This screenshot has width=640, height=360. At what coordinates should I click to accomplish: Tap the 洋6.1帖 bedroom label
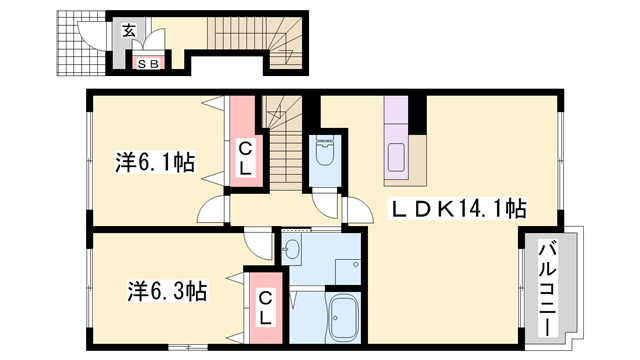[x=155, y=162]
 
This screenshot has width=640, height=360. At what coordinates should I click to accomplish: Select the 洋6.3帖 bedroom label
[x=167, y=291]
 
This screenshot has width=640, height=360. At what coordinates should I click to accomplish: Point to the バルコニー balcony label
[x=548, y=289]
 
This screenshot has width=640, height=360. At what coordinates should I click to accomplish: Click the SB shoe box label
[x=148, y=64]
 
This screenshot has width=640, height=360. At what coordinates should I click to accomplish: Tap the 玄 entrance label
[x=129, y=31]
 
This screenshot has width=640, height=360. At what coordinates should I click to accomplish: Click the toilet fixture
[x=325, y=151]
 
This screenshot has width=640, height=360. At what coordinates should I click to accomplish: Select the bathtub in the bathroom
[x=344, y=317]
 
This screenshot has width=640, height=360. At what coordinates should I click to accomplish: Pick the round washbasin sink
[x=291, y=248]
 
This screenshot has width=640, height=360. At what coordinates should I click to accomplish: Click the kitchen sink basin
[x=396, y=157]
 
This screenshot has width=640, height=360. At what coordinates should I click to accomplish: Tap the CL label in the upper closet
[x=245, y=159]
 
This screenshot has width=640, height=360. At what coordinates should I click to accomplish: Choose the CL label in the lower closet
[x=265, y=308]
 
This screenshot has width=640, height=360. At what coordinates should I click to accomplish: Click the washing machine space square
[x=348, y=272]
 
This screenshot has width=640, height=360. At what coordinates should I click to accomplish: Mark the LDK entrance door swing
[x=358, y=210]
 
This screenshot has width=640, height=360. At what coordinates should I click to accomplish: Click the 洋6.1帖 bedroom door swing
[x=211, y=209]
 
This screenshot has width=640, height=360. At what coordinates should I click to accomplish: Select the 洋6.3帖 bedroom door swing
[x=259, y=246]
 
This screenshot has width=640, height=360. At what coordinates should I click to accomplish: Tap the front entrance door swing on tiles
[x=92, y=36]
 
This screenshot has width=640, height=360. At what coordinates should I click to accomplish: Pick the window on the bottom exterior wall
[x=188, y=347]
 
